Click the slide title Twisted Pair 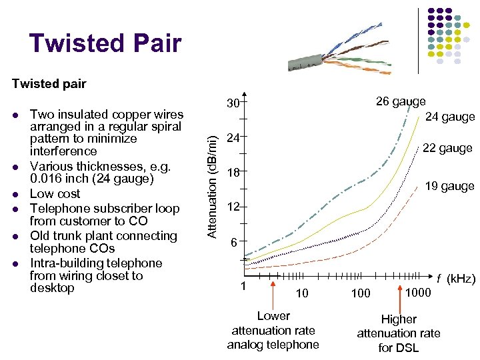click(105, 43)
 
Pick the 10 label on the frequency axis click(302, 293)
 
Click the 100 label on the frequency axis click(361, 293)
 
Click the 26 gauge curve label click(401, 101)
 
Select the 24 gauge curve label click(450, 117)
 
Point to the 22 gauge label click(447, 148)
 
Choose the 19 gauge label click(450, 186)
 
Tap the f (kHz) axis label click(455, 278)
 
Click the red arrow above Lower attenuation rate click(273, 293)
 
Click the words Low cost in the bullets click(55, 193)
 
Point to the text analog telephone click(273, 344)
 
